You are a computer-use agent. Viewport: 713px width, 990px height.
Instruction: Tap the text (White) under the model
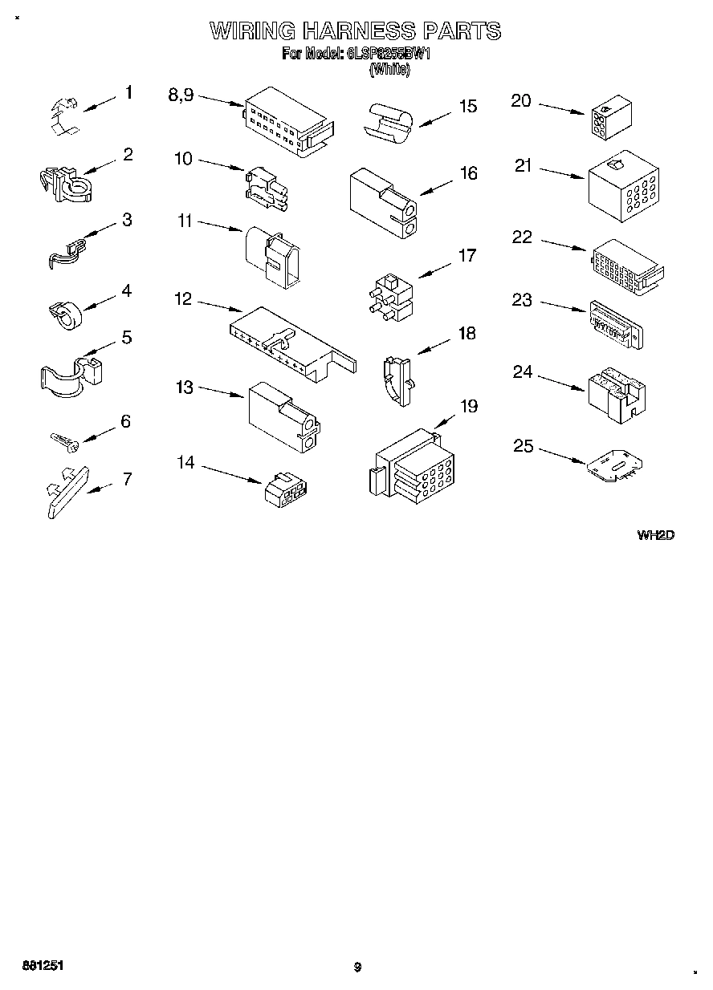pyautogui.click(x=389, y=70)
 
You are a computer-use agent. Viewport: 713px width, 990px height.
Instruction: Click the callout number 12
pyautogui.click(x=183, y=299)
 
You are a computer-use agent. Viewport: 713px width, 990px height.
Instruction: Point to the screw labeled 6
pyautogui.click(x=62, y=439)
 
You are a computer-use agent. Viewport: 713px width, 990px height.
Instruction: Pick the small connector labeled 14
pyautogui.click(x=287, y=488)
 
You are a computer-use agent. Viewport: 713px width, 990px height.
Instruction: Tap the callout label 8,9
pyautogui.click(x=181, y=95)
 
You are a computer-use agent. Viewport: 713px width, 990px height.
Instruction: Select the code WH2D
pyautogui.click(x=654, y=535)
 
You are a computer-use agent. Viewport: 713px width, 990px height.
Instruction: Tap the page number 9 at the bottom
pyautogui.click(x=357, y=968)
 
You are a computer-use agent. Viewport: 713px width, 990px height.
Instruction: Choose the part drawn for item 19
pyautogui.click(x=412, y=468)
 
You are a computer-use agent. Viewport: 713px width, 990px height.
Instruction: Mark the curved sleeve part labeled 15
pyautogui.click(x=390, y=122)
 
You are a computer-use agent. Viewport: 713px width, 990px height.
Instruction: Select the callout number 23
pyautogui.click(x=522, y=300)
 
